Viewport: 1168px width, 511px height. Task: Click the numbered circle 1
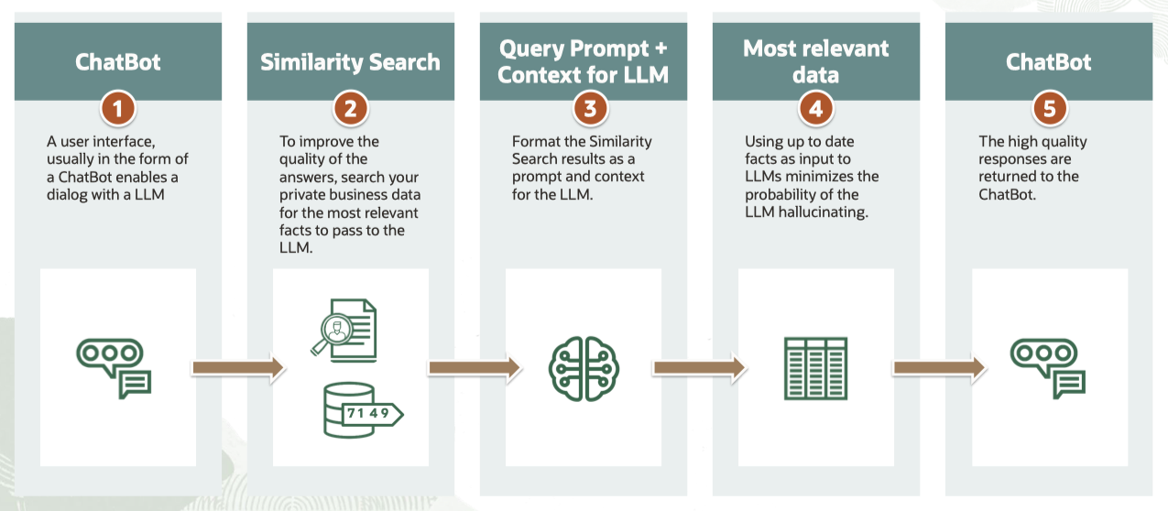pos(118,109)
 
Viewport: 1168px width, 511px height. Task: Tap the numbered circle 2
pos(351,109)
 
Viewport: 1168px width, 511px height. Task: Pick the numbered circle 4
pos(816,109)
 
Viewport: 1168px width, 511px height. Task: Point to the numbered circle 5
pos(1049,109)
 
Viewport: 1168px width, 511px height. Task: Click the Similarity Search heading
pos(350,62)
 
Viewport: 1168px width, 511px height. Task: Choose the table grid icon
pos(815,367)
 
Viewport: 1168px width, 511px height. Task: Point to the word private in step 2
pos(303,194)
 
